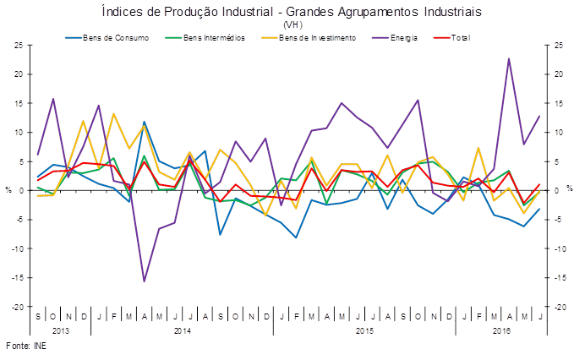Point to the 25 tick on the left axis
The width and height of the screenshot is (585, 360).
(18, 45)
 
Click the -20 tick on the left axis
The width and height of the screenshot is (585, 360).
(16, 307)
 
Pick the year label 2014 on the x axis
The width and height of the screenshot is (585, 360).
(182, 330)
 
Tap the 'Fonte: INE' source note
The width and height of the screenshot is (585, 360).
(25, 346)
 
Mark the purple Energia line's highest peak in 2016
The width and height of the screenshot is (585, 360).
(509, 58)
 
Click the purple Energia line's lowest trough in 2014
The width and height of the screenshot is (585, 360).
(144, 281)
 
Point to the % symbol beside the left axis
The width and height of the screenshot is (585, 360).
(9, 188)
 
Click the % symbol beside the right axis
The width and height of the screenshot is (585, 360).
(569, 188)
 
